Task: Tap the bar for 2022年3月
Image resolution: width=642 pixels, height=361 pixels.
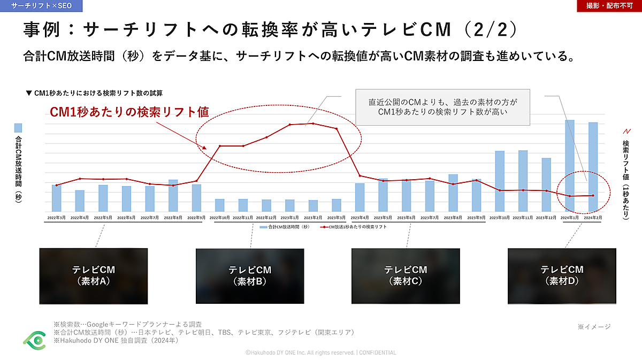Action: click(56, 198)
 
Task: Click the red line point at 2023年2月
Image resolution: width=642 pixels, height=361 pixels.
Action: click(312, 124)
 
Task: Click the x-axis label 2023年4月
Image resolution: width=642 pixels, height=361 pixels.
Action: click(360, 218)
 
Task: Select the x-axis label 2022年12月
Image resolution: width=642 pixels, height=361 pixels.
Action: click(266, 218)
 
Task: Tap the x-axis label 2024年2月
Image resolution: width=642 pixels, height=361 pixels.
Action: click(593, 218)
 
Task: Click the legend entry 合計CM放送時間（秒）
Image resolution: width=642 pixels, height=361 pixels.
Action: click(285, 227)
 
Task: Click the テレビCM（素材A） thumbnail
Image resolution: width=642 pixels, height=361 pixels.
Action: click(94, 275)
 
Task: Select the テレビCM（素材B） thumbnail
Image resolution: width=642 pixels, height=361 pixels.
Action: click(250, 275)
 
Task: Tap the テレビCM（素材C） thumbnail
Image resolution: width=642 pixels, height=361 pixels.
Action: click(406, 275)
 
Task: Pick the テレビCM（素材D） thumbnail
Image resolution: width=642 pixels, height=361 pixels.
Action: click(562, 275)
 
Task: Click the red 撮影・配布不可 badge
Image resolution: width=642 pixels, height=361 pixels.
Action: click(609, 6)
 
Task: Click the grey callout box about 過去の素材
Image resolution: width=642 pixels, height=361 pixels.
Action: click(443, 107)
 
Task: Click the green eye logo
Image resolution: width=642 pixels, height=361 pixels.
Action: click(34, 339)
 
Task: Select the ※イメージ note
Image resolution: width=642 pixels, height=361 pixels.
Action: click(593, 326)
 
